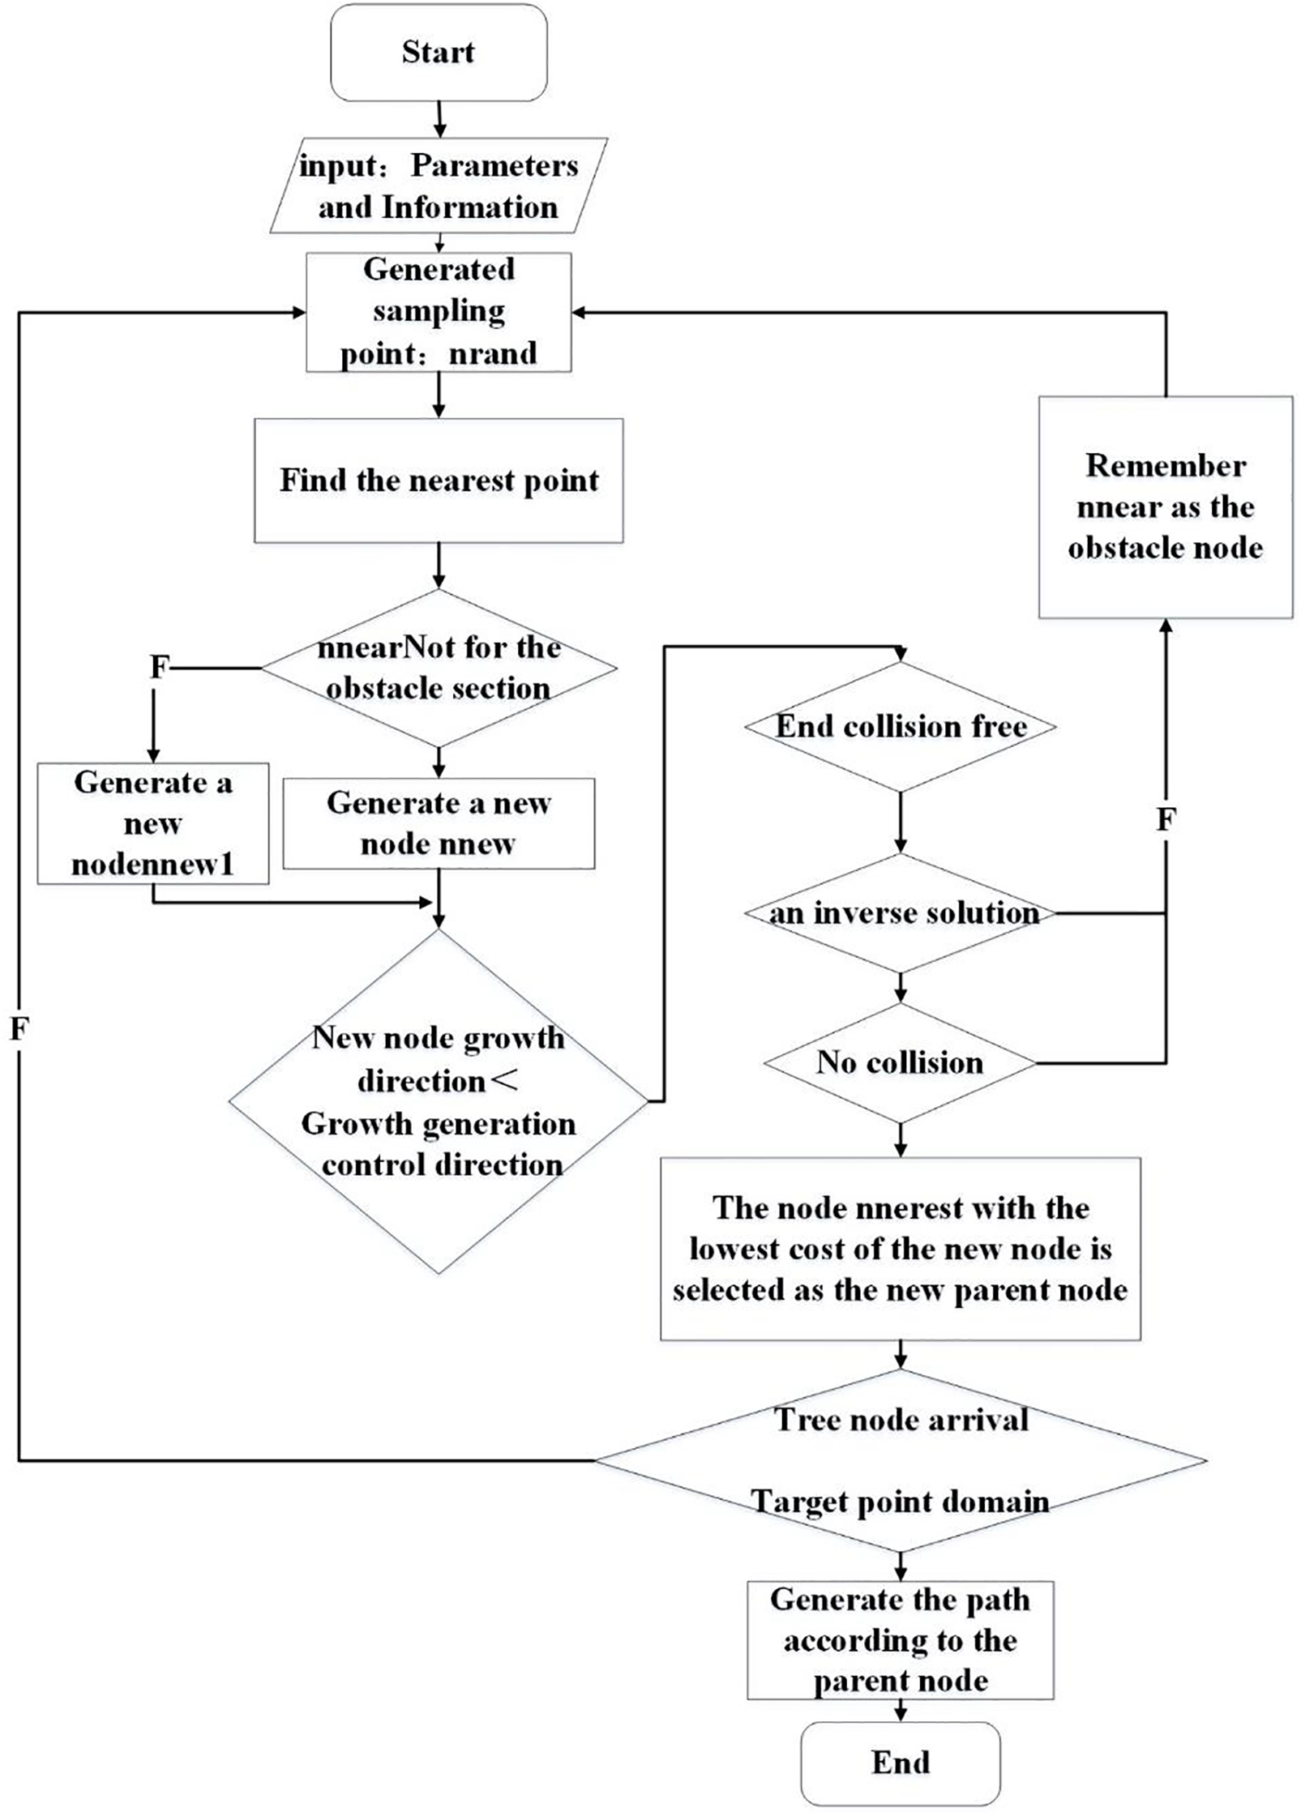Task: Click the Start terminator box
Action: pos(439,53)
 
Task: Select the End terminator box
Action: pos(900,1763)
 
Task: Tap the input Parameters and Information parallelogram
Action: pos(439,186)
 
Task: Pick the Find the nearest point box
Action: pos(439,481)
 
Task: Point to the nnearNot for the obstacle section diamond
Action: pos(439,668)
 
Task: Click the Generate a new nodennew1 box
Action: pos(152,823)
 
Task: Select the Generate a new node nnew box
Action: pos(439,823)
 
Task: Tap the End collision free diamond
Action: pos(900,726)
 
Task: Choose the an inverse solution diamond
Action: pos(900,913)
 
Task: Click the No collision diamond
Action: pos(900,1062)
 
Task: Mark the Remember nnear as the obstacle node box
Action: pos(1165,507)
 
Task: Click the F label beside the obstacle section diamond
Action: pos(160,667)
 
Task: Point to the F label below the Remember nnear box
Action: pos(1166,820)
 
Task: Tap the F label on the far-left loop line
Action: pos(19,1029)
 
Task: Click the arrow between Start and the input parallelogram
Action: pos(439,119)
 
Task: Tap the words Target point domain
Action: pos(900,1502)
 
